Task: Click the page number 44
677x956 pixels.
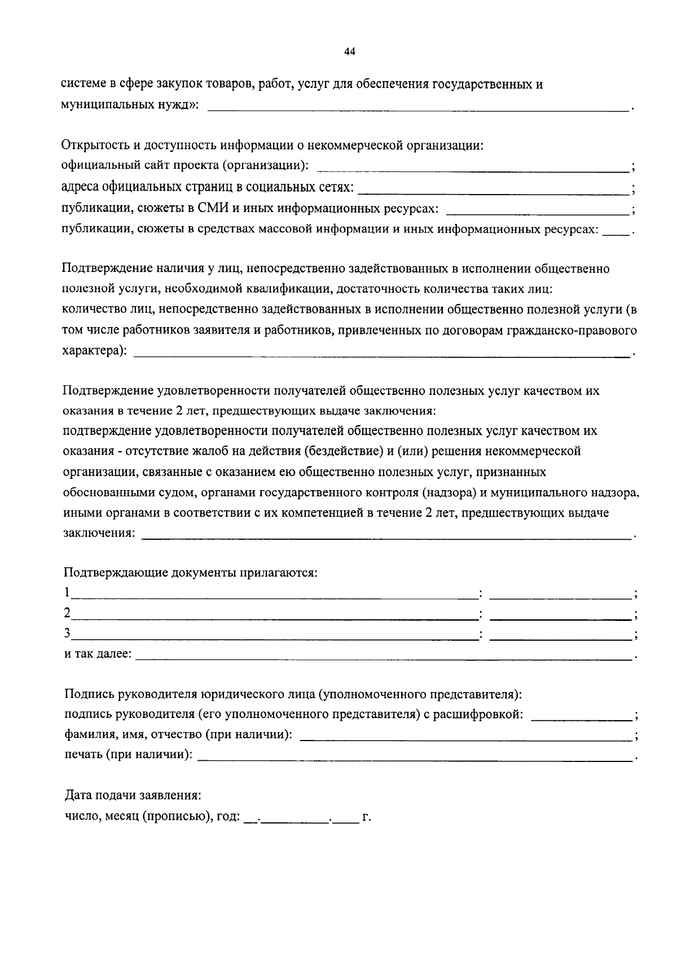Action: point(349,52)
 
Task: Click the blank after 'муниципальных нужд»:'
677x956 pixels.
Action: point(418,107)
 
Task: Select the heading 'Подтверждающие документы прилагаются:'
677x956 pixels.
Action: point(191,573)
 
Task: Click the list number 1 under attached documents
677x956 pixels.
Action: point(67,593)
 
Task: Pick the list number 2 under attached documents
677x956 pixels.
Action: point(67,613)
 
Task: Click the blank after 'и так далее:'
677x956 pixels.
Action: point(383,656)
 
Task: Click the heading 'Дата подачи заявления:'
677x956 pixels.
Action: point(133,796)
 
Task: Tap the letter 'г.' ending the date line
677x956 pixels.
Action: point(367,817)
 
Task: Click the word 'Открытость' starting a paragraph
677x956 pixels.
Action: point(94,146)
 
